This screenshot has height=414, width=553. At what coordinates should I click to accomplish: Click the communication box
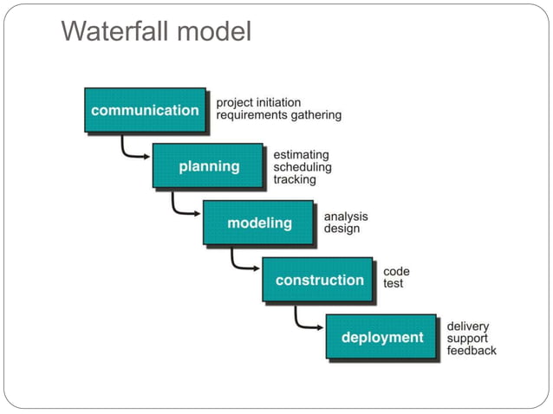[145, 110]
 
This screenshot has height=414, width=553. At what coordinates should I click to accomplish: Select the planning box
[208, 166]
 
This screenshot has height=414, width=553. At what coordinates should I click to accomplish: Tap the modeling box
[258, 223]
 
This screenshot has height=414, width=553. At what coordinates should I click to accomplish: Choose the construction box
[318, 280]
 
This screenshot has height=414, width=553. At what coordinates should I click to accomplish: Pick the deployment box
[381, 337]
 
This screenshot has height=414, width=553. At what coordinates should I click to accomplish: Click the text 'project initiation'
[259, 102]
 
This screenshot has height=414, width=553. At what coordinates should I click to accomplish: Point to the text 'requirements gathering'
[278, 114]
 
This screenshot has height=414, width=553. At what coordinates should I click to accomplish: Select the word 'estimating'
[301, 155]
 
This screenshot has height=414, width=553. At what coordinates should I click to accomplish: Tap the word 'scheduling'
[302, 167]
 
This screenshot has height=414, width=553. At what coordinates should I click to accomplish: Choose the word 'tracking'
[294, 179]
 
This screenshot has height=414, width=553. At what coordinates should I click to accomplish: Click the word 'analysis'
[346, 217]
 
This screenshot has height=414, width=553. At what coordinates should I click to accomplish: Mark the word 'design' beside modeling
[342, 229]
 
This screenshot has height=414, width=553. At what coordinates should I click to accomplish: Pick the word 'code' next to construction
[396, 271]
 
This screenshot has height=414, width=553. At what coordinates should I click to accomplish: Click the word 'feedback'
[472, 351]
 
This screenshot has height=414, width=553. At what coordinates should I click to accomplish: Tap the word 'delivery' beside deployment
[468, 327]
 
